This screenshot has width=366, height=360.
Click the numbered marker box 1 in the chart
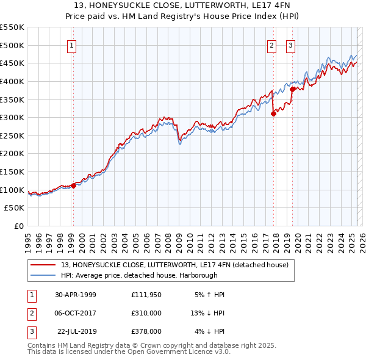point(72,45)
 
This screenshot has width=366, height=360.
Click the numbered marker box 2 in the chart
point(271,45)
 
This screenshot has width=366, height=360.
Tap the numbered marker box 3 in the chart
point(290,45)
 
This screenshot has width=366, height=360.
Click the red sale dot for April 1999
point(73,185)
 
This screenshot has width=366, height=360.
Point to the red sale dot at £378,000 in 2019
point(293,89)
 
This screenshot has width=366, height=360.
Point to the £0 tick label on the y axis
point(19,226)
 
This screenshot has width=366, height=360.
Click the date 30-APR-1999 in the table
point(76,295)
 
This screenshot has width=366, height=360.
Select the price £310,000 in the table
point(146,313)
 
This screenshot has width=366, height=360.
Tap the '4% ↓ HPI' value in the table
point(210,331)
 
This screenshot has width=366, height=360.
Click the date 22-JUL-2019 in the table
point(76,331)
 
